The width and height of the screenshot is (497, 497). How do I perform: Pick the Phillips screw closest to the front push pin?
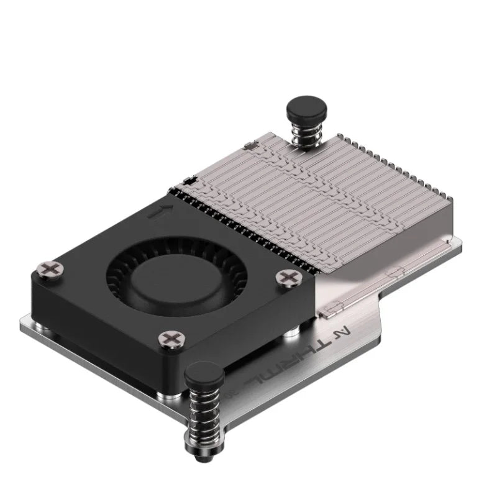(170, 339)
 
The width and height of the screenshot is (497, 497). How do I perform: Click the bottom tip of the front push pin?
(206, 461)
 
